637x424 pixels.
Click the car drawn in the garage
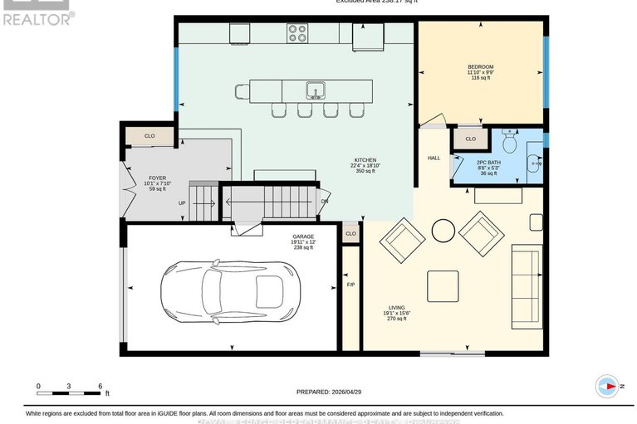[230, 292]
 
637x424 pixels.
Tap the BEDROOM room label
[480, 66]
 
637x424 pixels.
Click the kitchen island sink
[315, 90]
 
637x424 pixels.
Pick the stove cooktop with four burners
[297, 33]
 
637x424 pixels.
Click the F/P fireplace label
[350, 285]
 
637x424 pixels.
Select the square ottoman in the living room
[443, 286]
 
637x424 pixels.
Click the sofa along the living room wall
[526, 286]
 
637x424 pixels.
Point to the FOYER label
[157, 178]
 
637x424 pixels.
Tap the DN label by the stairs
[325, 202]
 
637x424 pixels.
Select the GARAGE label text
[303, 236]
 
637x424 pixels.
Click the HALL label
[434, 158]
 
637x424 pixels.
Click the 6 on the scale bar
[100, 386]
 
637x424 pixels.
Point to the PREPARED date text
[331, 392]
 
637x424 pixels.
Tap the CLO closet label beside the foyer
[149, 135]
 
